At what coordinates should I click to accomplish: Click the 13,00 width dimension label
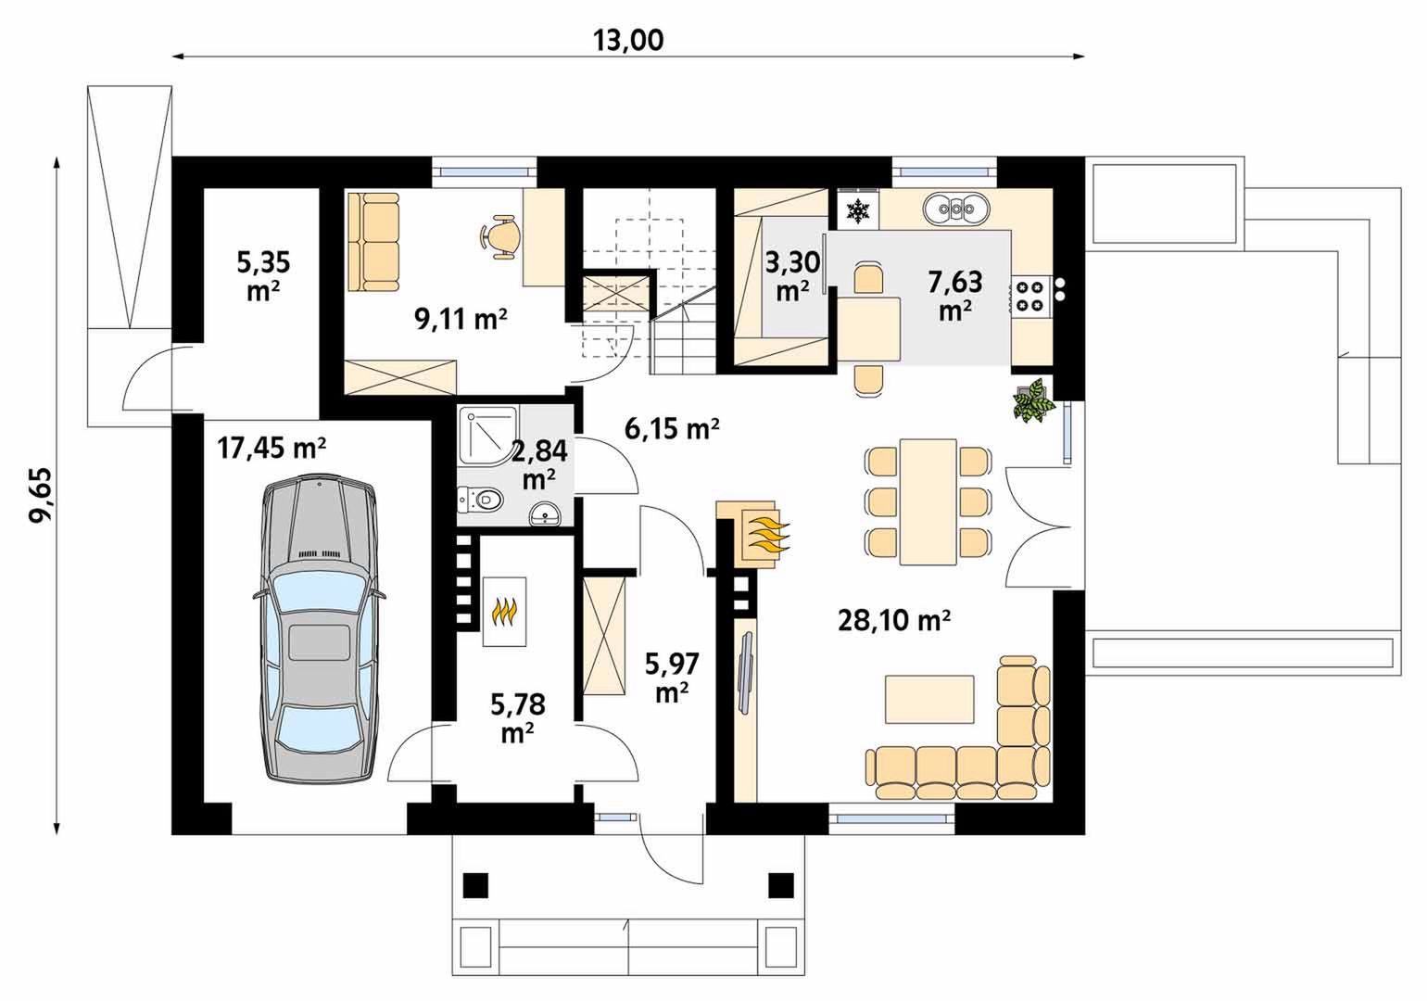point(628,40)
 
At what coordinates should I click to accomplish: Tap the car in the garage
point(319,627)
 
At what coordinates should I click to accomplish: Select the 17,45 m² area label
point(272,448)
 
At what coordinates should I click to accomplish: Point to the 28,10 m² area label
point(894,619)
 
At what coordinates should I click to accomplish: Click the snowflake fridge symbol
point(858,210)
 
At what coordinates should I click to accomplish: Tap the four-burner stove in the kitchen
point(1029,297)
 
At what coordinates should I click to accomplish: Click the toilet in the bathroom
point(481,500)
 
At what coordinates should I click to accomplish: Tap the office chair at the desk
point(499,236)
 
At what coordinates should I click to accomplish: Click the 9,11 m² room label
point(461,319)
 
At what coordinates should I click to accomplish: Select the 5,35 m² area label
point(264,276)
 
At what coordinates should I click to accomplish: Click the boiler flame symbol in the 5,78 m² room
point(504,611)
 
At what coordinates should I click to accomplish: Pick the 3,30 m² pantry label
point(792,276)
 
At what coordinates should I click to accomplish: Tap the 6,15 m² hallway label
point(672,429)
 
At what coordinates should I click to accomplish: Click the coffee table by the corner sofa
point(929,700)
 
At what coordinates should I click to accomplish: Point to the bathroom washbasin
point(545,514)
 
